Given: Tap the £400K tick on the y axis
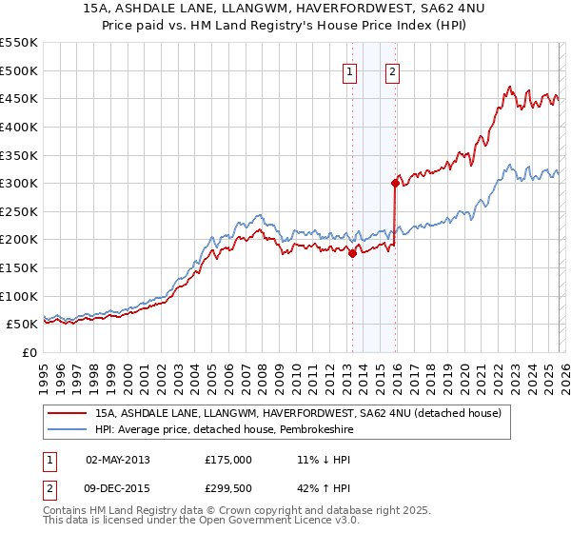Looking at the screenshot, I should click(19, 127).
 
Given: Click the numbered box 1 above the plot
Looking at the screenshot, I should click(350, 71).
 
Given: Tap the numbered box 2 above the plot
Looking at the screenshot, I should click(392, 71).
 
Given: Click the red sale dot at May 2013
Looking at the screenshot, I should click(352, 253).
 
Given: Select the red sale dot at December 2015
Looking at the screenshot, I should click(395, 183).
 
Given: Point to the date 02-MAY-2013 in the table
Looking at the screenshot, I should click(118, 459).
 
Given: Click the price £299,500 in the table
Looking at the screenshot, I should click(228, 489).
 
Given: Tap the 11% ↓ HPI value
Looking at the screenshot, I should click(323, 459).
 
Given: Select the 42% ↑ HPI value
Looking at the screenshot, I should click(323, 489).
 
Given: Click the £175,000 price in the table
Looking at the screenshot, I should click(228, 459).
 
